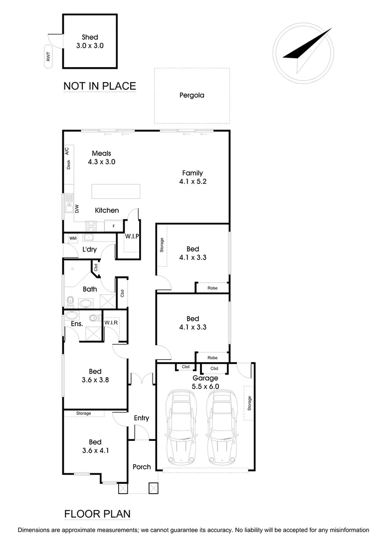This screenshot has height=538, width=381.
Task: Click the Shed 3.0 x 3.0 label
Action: [x=90, y=41]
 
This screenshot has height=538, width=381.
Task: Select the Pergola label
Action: [x=192, y=95]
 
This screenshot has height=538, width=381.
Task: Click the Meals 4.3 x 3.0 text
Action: [x=101, y=157]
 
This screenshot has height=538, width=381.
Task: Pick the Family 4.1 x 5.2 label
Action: [x=192, y=177]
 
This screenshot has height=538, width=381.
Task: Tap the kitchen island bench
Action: [x=116, y=191]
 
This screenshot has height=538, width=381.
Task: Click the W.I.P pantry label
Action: [x=132, y=236]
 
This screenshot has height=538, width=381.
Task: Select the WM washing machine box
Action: [x=73, y=239]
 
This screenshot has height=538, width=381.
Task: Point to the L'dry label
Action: [x=89, y=250]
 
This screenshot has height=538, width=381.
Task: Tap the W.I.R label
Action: [x=111, y=323]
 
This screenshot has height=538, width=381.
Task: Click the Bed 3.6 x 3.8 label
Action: [x=95, y=375]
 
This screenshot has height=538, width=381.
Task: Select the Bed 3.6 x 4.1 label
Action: [x=95, y=446]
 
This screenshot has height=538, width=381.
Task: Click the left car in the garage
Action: [x=181, y=427]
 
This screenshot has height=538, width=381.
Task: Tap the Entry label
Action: [x=142, y=418]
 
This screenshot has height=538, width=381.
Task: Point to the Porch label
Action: [x=142, y=467]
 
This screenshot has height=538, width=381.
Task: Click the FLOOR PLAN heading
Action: [x=97, y=514]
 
